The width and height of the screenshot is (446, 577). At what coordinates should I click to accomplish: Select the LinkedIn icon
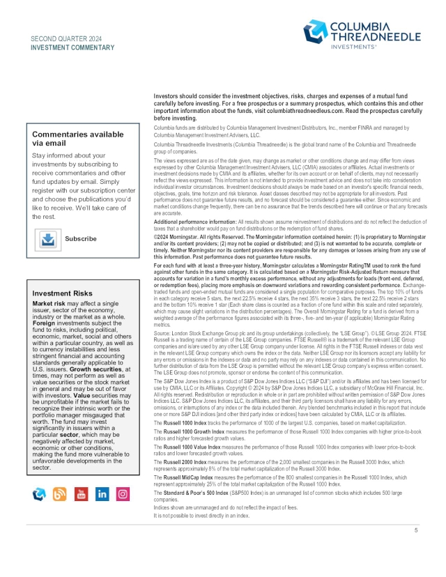pyautogui.click(x=102, y=494)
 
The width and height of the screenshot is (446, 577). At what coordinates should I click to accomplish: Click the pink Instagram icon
pyautogui.click(x=123, y=494)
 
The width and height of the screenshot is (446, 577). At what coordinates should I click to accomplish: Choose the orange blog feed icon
pyautogui.click(x=60, y=494)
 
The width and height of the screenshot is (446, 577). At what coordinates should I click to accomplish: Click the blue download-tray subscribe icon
pyautogui.click(x=48, y=238)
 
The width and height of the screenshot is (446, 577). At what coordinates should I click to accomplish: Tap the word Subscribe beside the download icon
pyautogui.click(x=81, y=238)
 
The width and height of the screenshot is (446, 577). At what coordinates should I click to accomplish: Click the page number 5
pyautogui.click(x=415, y=530)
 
